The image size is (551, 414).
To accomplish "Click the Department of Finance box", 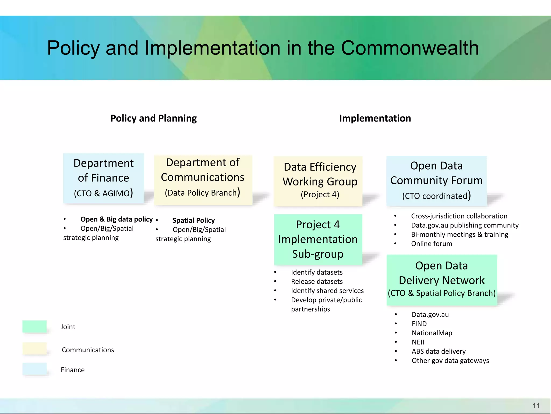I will (104, 178).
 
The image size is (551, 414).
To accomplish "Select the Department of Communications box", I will (203, 180).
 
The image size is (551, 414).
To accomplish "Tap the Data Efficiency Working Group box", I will (318, 181).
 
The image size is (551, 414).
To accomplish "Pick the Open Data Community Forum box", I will (436, 181).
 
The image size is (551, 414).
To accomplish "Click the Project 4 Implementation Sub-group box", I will (318, 239).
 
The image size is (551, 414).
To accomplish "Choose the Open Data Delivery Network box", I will (442, 280).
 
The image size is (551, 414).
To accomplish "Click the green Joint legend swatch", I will (34, 326).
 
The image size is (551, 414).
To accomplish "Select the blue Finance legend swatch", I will (34, 369).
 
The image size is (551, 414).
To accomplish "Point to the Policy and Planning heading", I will (154, 118).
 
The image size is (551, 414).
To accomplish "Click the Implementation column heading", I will (375, 118).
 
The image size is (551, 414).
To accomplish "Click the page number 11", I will (536, 406).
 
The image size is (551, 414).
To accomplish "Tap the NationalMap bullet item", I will (432, 333).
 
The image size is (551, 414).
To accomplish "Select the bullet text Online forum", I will (432, 244).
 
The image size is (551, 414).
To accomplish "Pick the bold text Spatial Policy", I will (193, 220).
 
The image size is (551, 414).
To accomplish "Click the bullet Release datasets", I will (317, 281).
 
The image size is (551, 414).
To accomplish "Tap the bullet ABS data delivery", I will (439, 351).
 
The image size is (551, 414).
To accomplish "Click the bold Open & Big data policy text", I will (116, 219).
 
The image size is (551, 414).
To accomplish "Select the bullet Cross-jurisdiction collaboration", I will (459, 216).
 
